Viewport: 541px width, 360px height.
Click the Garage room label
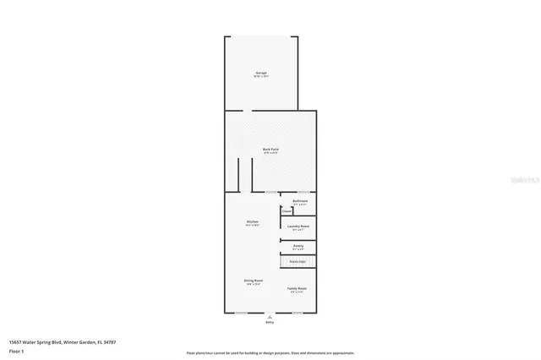262,73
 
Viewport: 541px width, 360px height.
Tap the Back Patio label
270,149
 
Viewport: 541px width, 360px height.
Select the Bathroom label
299,200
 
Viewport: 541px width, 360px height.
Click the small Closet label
287,211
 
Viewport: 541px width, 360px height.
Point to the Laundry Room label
298,226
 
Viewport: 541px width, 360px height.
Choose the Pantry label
298,246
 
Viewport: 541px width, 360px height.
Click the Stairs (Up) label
298,262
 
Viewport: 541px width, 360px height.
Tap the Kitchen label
252,222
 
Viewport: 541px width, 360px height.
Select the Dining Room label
254,281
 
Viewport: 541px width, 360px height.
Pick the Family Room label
296,288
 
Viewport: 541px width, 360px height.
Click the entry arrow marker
270,316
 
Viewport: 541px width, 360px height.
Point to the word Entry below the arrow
270,322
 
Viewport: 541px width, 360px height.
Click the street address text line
62,341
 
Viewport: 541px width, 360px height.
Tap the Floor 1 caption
16,350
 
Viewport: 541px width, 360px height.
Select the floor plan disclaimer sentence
270,353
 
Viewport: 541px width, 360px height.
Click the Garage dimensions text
262,77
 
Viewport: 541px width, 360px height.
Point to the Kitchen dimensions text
252,226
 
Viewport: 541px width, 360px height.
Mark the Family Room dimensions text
296,292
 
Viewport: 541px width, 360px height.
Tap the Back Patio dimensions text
270,153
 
